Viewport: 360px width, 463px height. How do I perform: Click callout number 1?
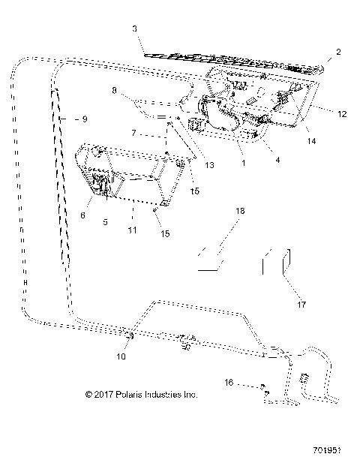[x=241, y=161]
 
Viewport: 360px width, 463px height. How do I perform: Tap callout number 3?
[x=134, y=29]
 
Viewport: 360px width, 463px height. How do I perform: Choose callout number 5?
[x=105, y=222]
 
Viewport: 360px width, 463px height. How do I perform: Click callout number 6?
[x=83, y=215]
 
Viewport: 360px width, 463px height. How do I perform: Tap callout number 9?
[x=85, y=119]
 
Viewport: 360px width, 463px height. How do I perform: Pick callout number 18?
[x=239, y=212]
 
